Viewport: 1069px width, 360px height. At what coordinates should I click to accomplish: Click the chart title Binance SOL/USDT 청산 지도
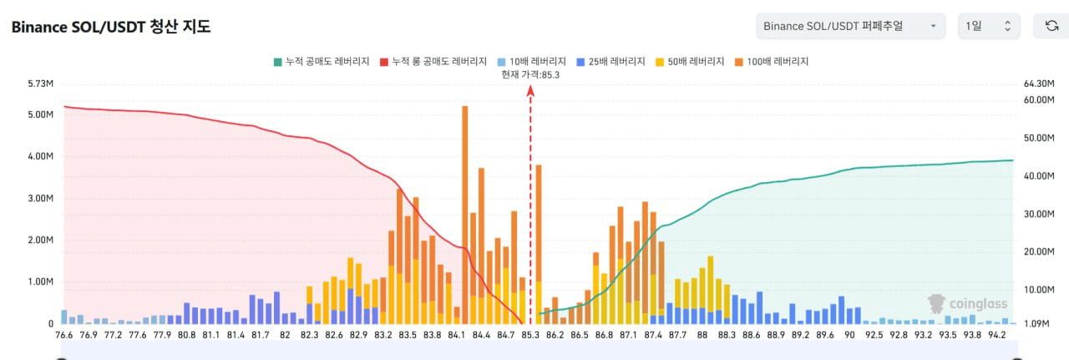click(x=110, y=27)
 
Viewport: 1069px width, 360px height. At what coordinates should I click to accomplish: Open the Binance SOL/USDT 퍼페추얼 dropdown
click(x=850, y=26)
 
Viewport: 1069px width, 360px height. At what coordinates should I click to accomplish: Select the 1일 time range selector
click(x=988, y=26)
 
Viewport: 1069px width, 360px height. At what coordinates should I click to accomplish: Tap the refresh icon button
click(x=1051, y=26)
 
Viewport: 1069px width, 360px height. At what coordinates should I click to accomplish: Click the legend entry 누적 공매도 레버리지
click(x=322, y=62)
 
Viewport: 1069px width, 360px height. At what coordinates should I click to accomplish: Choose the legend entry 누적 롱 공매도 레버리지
click(x=433, y=62)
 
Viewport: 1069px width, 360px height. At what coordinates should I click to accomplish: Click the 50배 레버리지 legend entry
click(x=689, y=62)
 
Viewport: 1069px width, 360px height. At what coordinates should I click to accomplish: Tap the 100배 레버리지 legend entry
click(x=771, y=62)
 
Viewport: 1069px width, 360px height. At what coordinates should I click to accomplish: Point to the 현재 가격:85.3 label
click(x=529, y=74)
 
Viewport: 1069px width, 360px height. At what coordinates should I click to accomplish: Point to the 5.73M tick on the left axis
click(x=41, y=84)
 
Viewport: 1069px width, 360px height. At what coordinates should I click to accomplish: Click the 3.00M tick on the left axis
click(x=41, y=199)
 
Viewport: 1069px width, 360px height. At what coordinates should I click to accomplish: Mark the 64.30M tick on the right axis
click(x=1039, y=84)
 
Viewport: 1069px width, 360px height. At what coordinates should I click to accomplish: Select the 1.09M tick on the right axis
click(x=1036, y=323)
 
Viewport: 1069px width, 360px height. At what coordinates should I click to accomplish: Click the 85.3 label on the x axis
click(x=530, y=335)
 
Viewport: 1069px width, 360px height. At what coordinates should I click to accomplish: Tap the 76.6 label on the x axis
click(x=64, y=335)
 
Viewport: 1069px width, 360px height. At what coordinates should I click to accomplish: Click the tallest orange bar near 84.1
click(x=464, y=209)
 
